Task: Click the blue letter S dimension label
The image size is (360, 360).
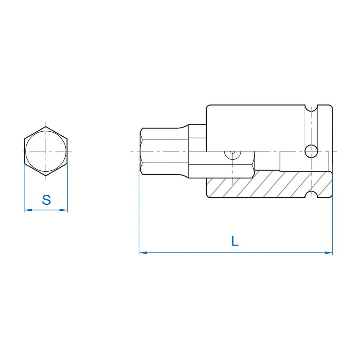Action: tap(46, 200)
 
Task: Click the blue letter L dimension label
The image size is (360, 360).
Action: tap(235, 241)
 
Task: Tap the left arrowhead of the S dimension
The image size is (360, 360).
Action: tap(28, 210)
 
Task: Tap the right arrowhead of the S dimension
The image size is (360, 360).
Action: tap(64, 210)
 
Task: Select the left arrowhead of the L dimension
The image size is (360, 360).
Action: tap(143, 253)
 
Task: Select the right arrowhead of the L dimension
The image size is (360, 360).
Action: tap(329, 253)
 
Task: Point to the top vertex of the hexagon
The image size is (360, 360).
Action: tap(46, 126)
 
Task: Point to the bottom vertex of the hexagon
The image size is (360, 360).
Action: tap(46, 176)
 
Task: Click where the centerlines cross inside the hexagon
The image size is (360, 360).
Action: tap(46, 151)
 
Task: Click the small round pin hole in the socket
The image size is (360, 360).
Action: tap(311, 151)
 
